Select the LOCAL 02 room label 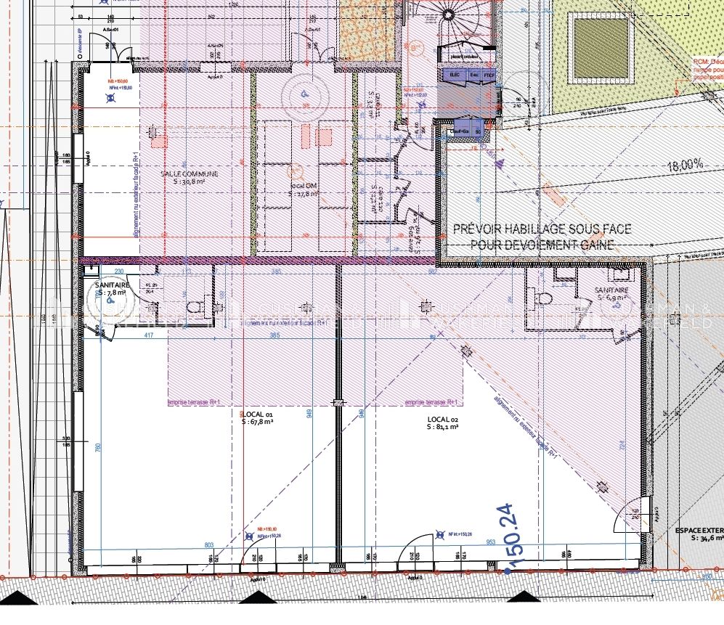pyautogui.click(x=442, y=420)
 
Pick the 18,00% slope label pyautogui.click(x=685, y=166)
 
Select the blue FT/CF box pyautogui.click(x=489, y=74)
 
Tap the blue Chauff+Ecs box pyautogui.click(x=460, y=131)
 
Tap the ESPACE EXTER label pyautogui.click(x=697, y=531)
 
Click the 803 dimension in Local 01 pyautogui.click(x=209, y=544)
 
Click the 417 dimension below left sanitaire pyautogui.click(x=148, y=335)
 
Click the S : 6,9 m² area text pyautogui.click(x=614, y=298)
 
